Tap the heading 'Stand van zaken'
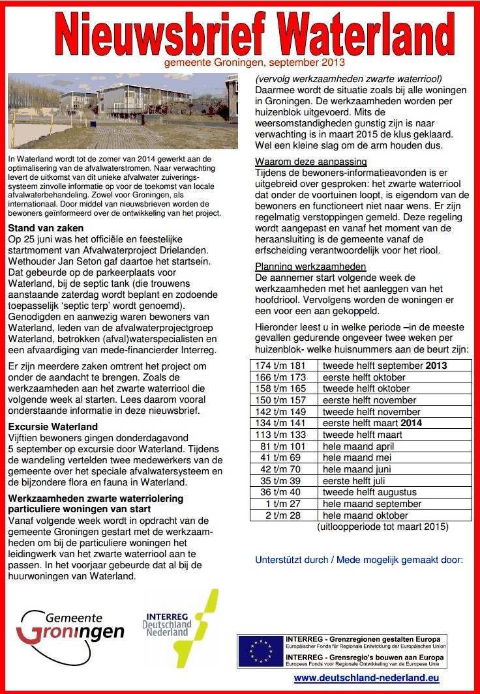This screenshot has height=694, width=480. tap(46, 228)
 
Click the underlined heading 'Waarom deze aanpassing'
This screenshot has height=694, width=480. tap(311, 162)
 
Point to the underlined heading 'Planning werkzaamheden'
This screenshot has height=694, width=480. tap(310, 267)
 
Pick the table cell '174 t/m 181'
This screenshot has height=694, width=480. tap(286, 366)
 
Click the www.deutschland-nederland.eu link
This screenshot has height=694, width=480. tap(367, 678)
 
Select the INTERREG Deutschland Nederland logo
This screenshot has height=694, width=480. tap(181, 623)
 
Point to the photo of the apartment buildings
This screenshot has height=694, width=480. tap(123, 112)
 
